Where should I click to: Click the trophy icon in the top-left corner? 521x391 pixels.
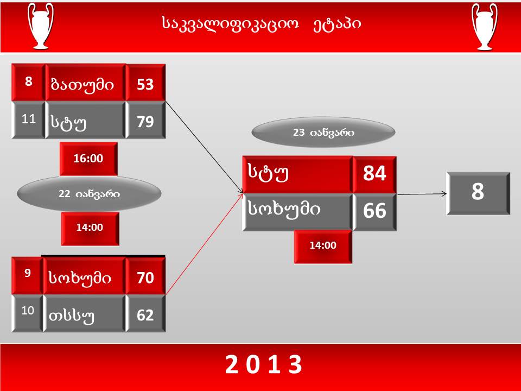[x=41, y=26]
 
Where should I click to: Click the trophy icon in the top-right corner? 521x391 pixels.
[x=485, y=27]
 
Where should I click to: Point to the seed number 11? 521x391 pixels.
[x=29, y=119]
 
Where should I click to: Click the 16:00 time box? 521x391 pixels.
[x=88, y=159]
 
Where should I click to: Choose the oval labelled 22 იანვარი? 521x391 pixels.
[x=89, y=194]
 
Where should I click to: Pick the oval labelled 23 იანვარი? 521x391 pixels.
[x=323, y=133]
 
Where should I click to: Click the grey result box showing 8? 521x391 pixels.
[x=478, y=193]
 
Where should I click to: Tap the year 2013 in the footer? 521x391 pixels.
[x=264, y=364]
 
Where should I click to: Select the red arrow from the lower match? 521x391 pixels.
[x=205, y=244]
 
